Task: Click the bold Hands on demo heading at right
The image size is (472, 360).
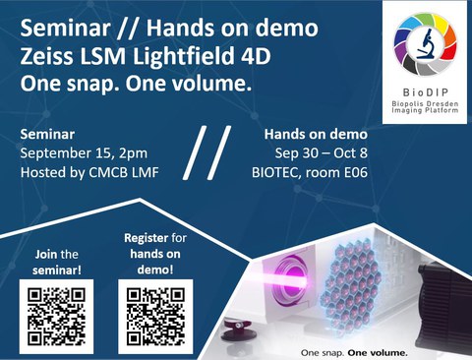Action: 394,134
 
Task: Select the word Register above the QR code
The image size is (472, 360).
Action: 144,238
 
